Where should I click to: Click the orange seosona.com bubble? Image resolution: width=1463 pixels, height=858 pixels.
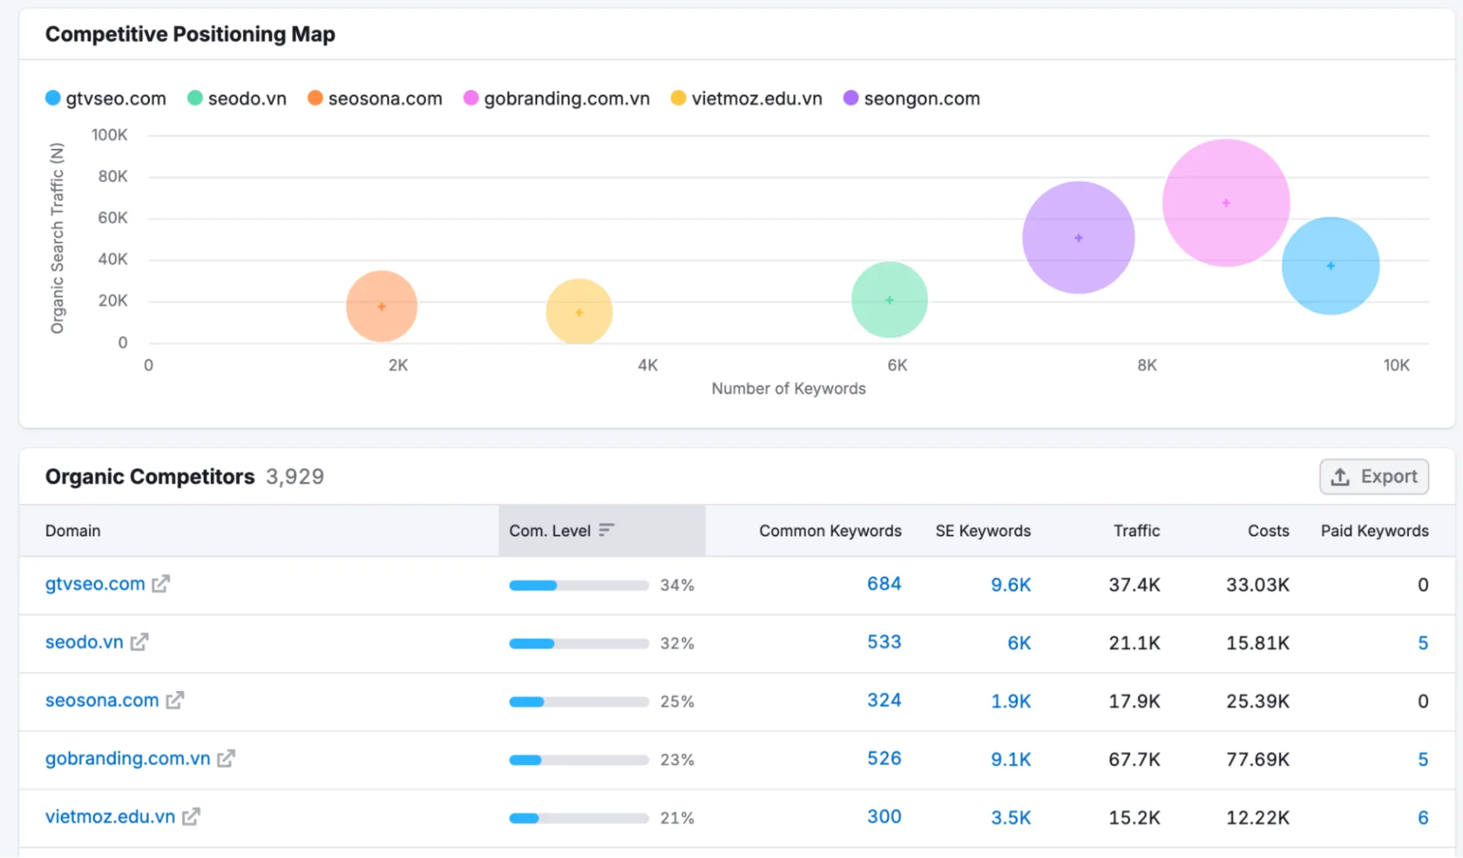(x=381, y=306)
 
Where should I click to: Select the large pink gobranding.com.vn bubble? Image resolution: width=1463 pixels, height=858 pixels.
(x=1225, y=203)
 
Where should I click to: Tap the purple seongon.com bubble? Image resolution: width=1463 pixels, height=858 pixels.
(x=1077, y=238)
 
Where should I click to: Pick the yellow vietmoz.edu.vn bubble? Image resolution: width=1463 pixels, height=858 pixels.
(x=579, y=312)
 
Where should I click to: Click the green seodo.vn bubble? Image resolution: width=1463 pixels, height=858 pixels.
(x=888, y=300)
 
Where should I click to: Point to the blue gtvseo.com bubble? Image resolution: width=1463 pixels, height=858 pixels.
(x=1330, y=265)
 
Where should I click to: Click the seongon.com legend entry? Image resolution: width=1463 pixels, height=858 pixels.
(x=912, y=98)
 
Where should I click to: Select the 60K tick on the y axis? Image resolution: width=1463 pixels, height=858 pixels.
(x=113, y=218)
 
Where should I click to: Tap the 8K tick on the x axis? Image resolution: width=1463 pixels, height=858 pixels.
(x=1146, y=365)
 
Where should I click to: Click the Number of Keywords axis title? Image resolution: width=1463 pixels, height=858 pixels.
(x=788, y=388)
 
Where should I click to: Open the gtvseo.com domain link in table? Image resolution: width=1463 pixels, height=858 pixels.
(x=94, y=584)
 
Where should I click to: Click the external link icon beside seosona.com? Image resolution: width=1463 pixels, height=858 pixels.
(x=175, y=700)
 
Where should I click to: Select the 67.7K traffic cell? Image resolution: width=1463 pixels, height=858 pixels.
(x=1134, y=760)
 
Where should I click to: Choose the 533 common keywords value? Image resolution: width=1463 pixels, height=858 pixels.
(x=884, y=642)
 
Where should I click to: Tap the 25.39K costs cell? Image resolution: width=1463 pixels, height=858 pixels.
(x=1257, y=701)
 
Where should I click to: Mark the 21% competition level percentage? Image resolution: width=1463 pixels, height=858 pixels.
(x=677, y=818)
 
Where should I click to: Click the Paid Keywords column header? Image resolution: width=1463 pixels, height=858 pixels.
(x=1374, y=531)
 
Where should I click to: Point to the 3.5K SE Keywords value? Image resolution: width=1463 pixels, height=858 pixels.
(x=1010, y=818)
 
